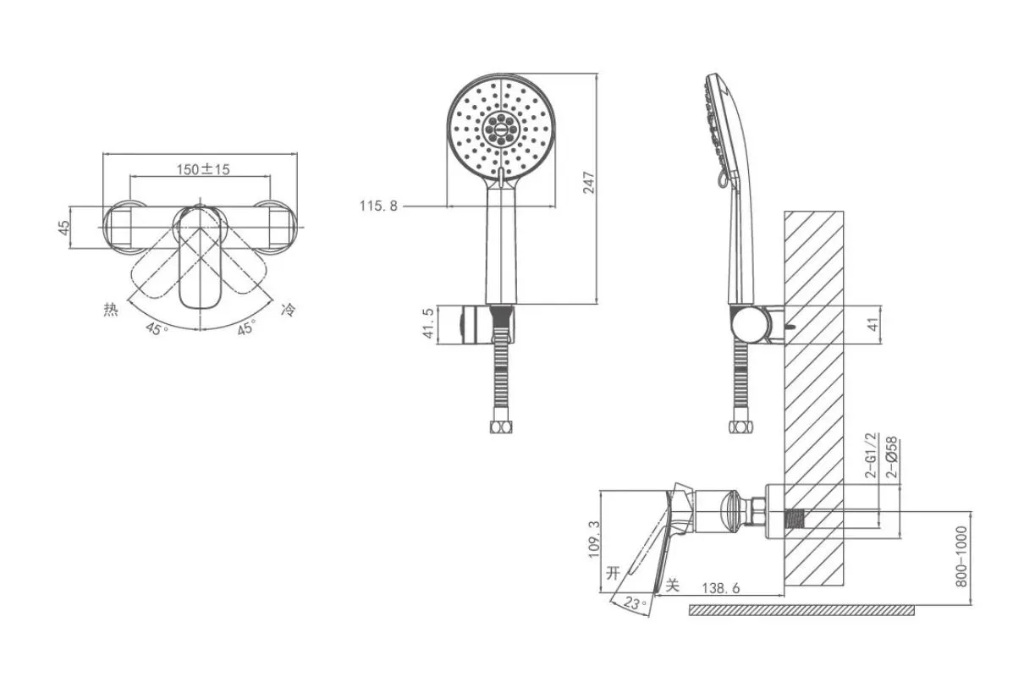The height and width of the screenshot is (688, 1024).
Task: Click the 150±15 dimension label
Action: click(x=203, y=169)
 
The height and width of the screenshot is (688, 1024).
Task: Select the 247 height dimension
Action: click(x=589, y=183)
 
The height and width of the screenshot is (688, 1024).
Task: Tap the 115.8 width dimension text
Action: click(x=378, y=206)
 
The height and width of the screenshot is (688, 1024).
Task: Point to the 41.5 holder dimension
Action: click(x=428, y=323)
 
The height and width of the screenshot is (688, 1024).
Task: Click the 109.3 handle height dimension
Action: click(x=594, y=539)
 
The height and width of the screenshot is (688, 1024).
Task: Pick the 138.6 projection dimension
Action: click(x=721, y=588)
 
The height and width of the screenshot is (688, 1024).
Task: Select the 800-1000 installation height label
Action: click(x=961, y=556)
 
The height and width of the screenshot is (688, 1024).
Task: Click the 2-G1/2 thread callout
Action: click(x=872, y=455)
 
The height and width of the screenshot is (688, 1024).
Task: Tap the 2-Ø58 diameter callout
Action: click(x=892, y=458)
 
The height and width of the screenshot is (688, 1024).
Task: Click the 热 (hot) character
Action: click(x=111, y=310)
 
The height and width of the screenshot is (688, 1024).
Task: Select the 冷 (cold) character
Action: click(x=289, y=310)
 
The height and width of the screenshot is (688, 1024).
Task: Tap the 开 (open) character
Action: click(x=614, y=572)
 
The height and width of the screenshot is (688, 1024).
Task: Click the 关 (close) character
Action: click(x=673, y=585)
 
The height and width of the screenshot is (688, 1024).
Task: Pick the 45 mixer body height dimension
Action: click(x=64, y=227)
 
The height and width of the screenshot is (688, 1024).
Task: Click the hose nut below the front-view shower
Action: click(x=501, y=427)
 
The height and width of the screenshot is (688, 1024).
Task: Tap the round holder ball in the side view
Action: click(x=751, y=324)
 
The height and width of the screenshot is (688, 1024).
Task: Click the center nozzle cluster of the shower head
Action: click(x=501, y=129)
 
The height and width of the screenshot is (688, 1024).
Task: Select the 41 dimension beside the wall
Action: click(x=873, y=324)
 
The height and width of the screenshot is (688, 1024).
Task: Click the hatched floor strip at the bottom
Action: click(x=801, y=610)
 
